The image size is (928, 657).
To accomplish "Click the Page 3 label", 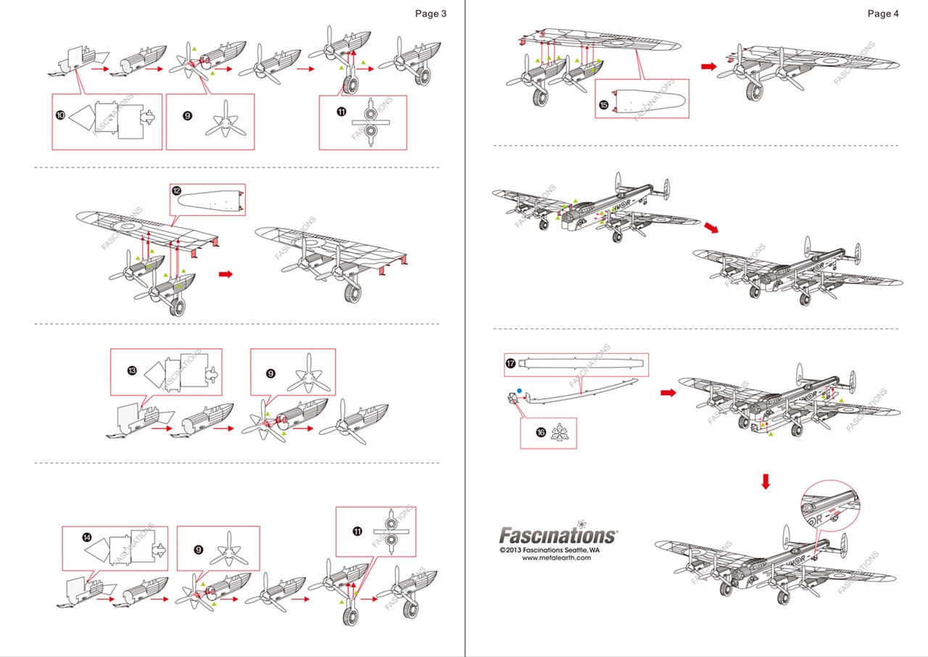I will (431, 13).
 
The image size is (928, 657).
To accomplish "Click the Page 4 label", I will (883, 13).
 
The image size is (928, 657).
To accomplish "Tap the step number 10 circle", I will (60, 115).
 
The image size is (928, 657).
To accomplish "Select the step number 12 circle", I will (177, 191).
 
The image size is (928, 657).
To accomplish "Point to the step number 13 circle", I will (131, 371).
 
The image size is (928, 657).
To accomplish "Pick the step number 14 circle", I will (87, 538).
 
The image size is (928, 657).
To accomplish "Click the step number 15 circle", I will (604, 104).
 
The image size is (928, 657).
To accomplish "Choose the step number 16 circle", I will (541, 431).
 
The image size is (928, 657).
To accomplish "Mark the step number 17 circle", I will (512, 363).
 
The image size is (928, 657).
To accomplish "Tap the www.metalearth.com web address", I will (557, 558).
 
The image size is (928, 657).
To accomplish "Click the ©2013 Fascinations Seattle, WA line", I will (550, 550).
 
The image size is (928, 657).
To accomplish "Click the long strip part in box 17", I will (584, 362).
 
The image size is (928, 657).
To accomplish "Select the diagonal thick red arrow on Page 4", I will (713, 228).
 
